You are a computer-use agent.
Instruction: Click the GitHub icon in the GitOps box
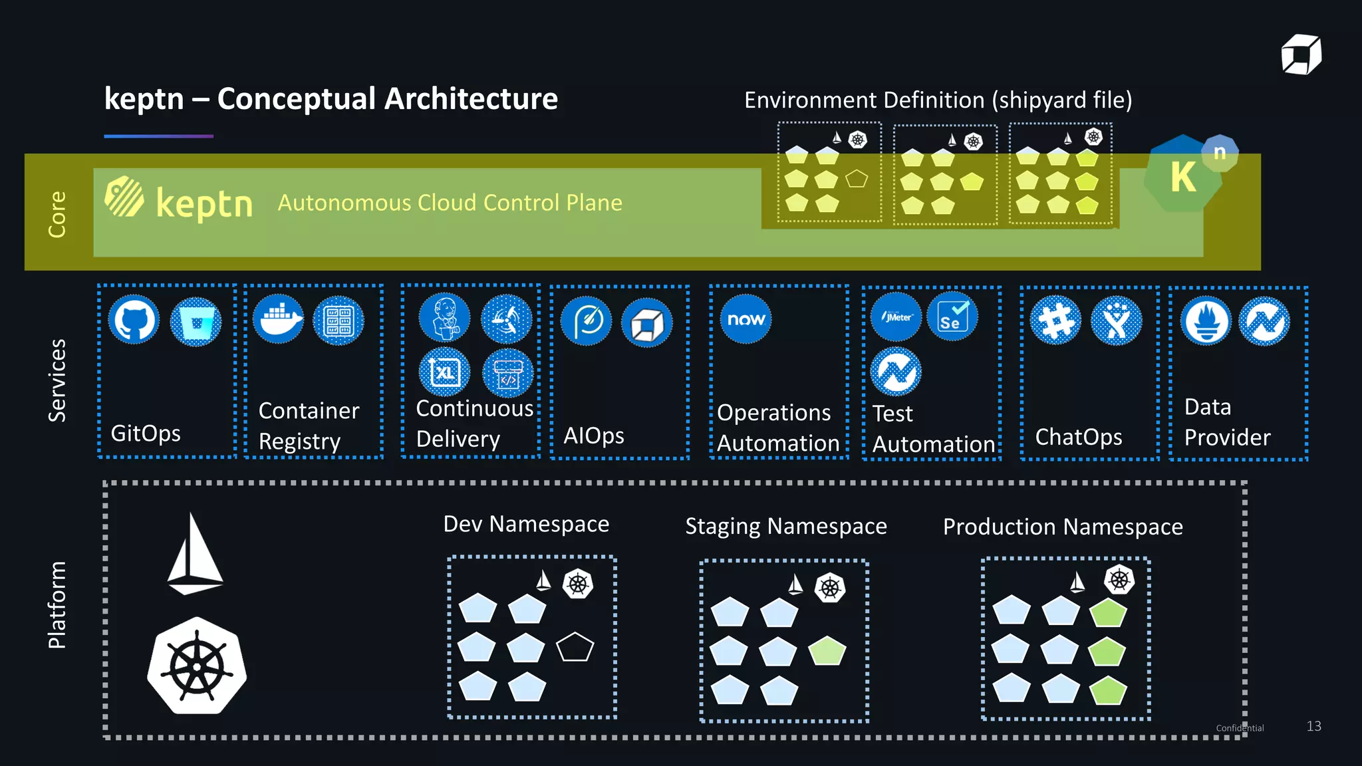(x=134, y=320)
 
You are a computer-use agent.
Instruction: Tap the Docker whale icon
(x=278, y=320)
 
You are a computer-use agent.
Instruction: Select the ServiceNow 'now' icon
(x=746, y=319)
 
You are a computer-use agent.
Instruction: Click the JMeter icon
(x=896, y=317)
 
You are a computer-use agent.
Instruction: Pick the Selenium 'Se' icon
(x=952, y=317)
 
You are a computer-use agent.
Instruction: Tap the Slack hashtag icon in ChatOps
(x=1055, y=320)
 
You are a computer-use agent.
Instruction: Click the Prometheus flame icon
(x=1206, y=321)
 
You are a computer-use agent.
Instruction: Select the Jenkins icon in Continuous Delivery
(x=444, y=317)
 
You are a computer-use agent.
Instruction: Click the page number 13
(x=1313, y=726)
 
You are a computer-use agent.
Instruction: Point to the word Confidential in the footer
(x=1240, y=728)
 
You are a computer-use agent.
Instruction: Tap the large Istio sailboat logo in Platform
(x=194, y=555)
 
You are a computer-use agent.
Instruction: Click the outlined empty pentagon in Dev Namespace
(x=575, y=647)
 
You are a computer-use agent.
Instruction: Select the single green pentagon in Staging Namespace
(x=827, y=651)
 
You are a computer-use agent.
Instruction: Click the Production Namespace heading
(x=1062, y=527)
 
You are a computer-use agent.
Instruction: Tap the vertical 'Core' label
(x=57, y=213)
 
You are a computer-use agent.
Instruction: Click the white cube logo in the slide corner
(x=1301, y=55)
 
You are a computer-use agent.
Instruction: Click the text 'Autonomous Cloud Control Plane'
(x=450, y=203)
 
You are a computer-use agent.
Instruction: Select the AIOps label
(x=593, y=436)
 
